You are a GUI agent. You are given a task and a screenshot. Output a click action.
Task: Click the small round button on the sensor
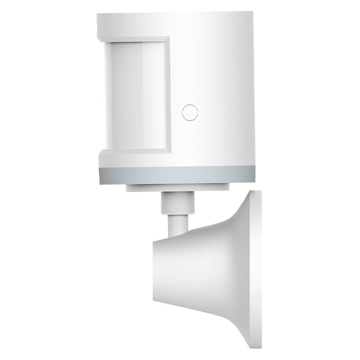point(190,111)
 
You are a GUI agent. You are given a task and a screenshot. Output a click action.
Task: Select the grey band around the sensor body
point(177,175)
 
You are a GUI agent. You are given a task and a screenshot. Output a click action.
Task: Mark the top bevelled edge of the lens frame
point(133,40)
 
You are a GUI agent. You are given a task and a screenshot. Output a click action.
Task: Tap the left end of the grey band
point(100,175)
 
